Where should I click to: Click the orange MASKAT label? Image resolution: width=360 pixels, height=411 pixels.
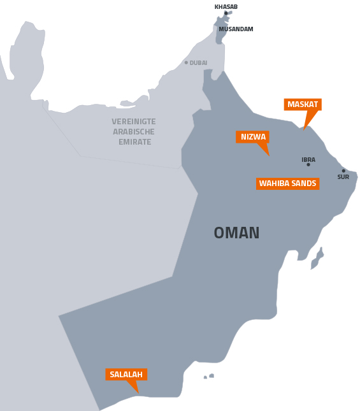303,105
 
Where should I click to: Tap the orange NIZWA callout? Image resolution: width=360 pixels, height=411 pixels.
253,137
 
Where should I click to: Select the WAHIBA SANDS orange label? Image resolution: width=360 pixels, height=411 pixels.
287,184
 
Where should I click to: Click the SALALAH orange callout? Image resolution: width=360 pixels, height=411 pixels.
126,375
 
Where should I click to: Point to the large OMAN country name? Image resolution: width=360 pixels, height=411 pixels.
236,233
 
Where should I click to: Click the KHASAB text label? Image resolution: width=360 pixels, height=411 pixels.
226,7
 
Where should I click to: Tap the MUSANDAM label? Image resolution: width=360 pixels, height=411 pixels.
236,29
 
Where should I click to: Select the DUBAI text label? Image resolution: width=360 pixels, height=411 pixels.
198,63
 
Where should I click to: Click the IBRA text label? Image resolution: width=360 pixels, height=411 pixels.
308,159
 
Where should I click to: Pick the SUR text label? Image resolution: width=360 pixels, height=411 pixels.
343,177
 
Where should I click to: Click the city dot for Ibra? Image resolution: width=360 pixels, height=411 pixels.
308,165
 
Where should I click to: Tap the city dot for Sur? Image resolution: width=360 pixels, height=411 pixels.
343,171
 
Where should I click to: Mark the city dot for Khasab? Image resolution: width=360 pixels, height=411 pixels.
226,13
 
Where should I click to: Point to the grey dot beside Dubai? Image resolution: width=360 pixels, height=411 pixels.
186,62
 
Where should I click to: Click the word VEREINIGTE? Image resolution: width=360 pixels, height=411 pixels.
134,122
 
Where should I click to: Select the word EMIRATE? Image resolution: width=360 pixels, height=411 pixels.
134,142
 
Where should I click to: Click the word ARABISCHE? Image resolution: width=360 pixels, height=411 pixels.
134,132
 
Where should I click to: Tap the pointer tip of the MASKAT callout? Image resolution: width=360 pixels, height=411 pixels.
305,129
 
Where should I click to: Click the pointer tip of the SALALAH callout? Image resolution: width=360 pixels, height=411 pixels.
138,393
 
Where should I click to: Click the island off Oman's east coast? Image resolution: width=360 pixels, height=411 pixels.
317,259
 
